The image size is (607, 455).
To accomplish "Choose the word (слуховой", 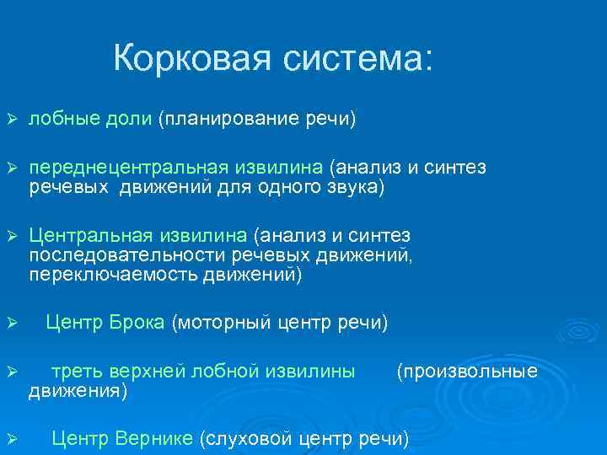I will (245, 437).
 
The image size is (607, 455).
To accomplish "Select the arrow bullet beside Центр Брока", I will (11, 323).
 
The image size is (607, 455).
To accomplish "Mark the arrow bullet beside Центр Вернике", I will (11, 438).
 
